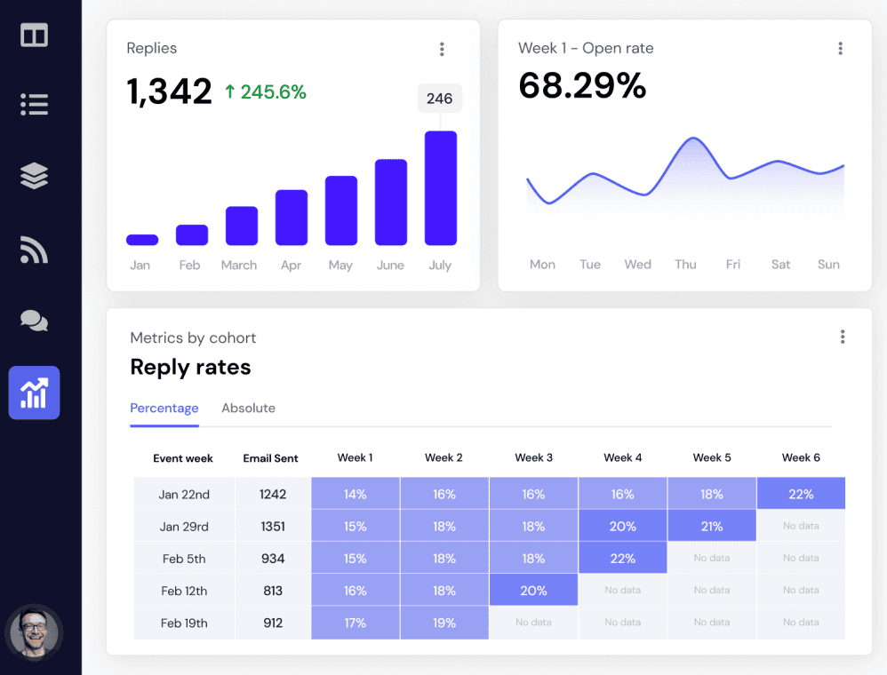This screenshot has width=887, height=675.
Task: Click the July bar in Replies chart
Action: pyautogui.click(x=440, y=188)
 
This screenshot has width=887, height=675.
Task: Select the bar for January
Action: pyautogui.click(x=142, y=240)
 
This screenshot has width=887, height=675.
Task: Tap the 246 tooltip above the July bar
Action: pyautogui.click(x=440, y=99)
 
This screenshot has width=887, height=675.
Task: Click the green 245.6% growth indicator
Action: pyautogui.click(x=265, y=91)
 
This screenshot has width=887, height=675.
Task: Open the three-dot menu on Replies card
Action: pyautogui.click(x=442, y=49)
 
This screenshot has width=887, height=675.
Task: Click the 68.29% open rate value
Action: pyautogui.click(x=582, y=86)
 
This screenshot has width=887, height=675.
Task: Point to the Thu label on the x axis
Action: pyautogui.click(x=685, y=265)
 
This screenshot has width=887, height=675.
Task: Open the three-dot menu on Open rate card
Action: pyautogui.click(x=840, y=49)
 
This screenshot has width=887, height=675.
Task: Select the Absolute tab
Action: pyautogui.click(x=248, y=409)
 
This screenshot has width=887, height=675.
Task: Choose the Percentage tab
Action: pyautogui.click(x=164, y=409)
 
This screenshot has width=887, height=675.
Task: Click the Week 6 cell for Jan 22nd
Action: pyautogui.click(x=801, y=494)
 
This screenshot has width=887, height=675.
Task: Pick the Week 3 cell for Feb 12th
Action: pyautogui.click(x=533, y=591)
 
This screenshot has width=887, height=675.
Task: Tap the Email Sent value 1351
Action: pyautogui.click(x=273, y=527)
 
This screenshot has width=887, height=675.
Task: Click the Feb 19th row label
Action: pyautogui.click(x=184, y=623)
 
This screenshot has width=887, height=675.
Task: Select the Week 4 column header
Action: pyautogui.click(x=622, y=458)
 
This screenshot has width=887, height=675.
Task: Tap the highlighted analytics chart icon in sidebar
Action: pyautogui.click(x=34, y=393)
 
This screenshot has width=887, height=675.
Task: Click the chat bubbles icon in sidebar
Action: pyautogui.click(x=34, y=321)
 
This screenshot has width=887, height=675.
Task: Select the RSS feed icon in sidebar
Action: pyautogui.click(x=34, y=250)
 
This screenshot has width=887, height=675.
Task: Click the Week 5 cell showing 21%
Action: pyautogui.click(x=712, y=527)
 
